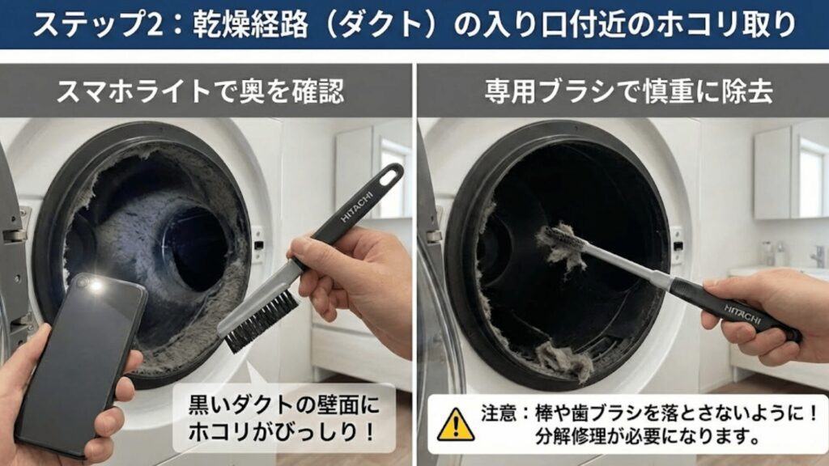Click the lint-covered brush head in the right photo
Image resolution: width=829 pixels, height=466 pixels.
click(x=563, y=245)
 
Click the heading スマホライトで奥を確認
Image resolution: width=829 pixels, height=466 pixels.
click(x=199, y=91)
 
